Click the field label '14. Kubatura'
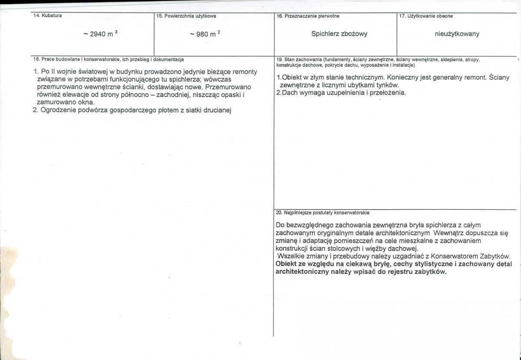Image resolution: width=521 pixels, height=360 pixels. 47,16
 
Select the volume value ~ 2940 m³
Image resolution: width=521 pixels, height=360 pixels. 100,34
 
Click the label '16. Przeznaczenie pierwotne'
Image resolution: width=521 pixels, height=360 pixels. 308,16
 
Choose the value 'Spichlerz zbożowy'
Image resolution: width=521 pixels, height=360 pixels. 339,34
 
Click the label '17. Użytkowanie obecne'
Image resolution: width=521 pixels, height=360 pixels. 426,16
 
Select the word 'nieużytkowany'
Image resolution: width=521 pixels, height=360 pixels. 457,34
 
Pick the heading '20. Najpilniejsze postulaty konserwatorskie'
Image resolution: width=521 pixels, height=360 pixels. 323,213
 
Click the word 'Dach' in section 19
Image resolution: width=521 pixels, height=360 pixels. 289,93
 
